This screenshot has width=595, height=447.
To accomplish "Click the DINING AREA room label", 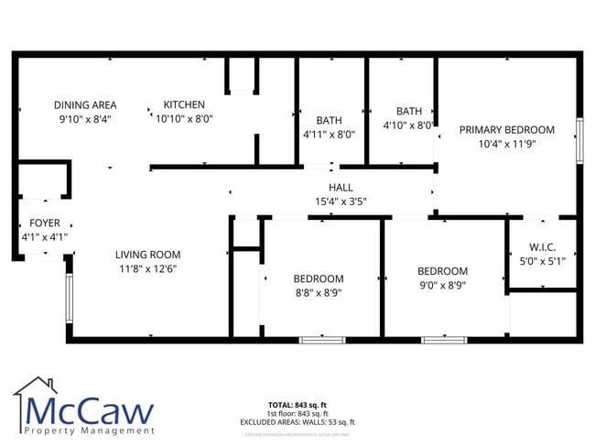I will click(84, 104).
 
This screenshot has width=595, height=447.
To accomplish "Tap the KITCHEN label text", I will click(184, 104).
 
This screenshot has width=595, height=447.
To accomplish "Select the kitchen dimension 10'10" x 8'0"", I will click(184, 118).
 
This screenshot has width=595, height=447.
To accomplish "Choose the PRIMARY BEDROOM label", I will click(507, 130).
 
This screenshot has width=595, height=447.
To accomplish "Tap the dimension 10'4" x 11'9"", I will click(507, 144).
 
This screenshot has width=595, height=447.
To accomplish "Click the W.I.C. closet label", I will click(542, 247).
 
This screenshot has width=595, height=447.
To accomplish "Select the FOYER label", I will click(45, 223).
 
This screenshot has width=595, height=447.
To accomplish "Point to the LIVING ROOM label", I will click(147, 255).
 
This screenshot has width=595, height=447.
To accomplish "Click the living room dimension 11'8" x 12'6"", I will click(147, 268).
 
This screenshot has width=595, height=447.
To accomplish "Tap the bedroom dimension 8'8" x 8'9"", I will click(319, 292).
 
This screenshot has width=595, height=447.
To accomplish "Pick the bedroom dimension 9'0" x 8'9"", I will click(442, 285).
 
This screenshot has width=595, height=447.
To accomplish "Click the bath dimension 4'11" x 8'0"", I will click(329, 134).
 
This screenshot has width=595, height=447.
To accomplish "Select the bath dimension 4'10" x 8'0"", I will click(408, 125).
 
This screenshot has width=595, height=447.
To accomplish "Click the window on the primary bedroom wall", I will click(579, 141).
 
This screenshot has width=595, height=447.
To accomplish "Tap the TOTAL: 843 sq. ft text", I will click(297, 404).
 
